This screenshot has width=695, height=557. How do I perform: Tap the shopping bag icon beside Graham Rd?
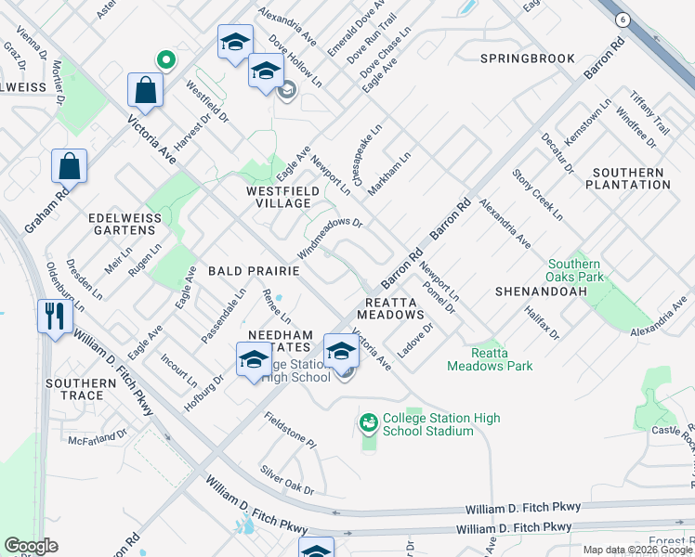70,167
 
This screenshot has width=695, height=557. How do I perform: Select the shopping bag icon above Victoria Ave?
146,91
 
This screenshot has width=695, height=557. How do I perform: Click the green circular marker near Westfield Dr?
165,60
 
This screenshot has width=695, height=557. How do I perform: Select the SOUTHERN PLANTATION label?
628,179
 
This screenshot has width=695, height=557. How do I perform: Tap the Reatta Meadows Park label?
490,359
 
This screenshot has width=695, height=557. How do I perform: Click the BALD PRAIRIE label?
253,271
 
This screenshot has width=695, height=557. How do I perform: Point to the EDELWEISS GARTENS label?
121,224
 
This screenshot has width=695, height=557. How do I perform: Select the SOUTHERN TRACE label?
75,389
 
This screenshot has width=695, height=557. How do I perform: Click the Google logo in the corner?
32,546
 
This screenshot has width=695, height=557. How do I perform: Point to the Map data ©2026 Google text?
638,550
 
